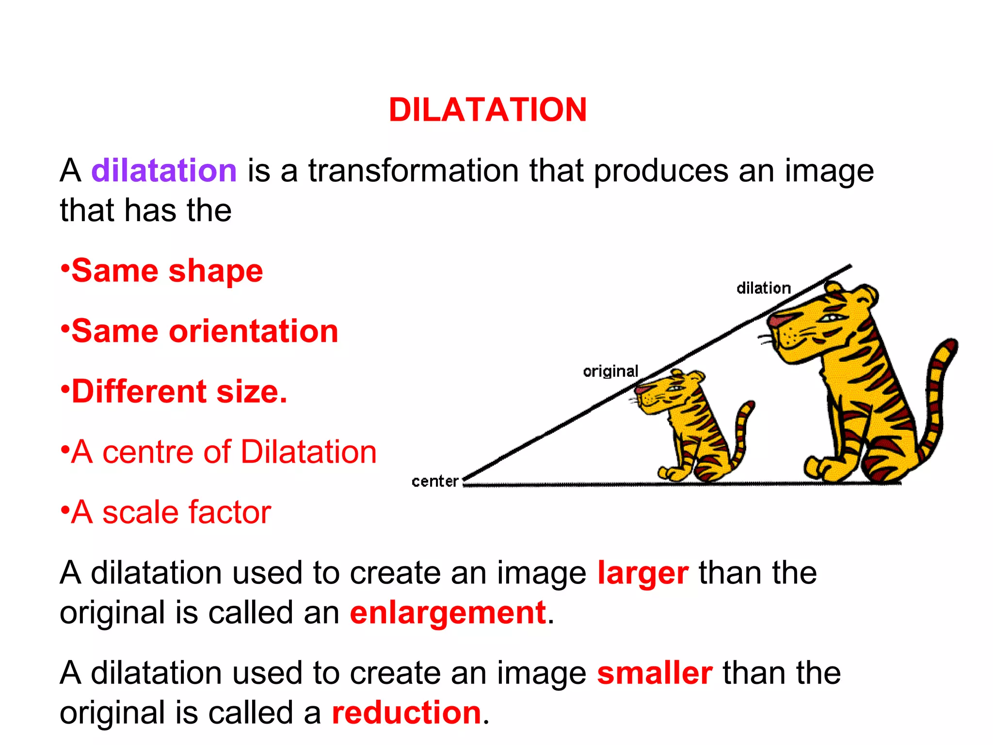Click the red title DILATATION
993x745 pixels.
tap(487, 110)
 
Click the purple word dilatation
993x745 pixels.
tap(164, 171)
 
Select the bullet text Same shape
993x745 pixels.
tap(167, 271)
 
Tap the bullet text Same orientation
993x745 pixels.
tap(204, 331)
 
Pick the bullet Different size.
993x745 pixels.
tap(179, 391)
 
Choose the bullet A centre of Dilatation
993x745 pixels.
tap(223, 452)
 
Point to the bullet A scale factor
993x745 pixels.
tap(171, 512)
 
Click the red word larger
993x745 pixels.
tap(642, 573)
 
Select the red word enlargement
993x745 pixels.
tap(448, 613)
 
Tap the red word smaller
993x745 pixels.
tap(655, 673)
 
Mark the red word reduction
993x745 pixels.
tap(406, 713)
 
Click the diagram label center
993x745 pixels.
tap(435, 481)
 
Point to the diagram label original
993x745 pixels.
tap(610, 372)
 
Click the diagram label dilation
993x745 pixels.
tap(763, 288)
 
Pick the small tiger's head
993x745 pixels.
tap(669, 390)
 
